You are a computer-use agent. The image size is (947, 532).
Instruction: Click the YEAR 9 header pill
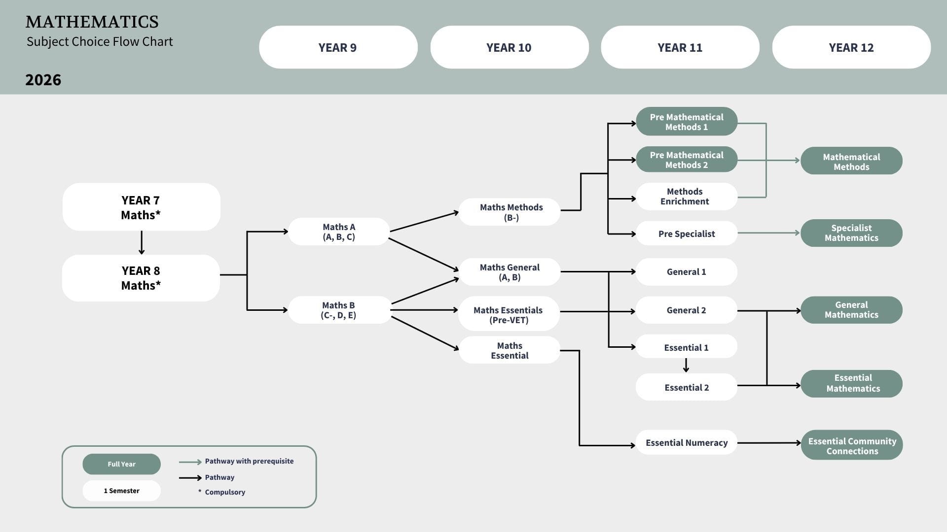click(338, 47)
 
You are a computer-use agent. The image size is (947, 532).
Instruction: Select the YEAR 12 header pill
click(851, 47)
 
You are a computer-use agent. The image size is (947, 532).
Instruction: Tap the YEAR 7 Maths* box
click(142, 207)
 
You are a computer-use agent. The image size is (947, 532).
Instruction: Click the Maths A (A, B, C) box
click(339, 232)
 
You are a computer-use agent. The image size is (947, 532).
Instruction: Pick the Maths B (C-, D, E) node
click(339, 310)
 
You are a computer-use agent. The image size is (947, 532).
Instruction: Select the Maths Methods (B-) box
click(510, 212)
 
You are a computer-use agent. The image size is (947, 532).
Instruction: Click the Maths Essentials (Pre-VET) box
click(509, 314)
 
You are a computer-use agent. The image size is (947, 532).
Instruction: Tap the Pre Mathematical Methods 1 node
click(687, 121)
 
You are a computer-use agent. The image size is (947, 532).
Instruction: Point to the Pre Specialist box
click(687, 233)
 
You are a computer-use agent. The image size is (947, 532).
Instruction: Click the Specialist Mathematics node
click(852, 233)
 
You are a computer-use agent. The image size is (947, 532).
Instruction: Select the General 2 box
click(687, 310)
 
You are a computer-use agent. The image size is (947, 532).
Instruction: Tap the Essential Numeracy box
click(687, 442)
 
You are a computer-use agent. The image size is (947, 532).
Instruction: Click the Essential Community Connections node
click(852, 445)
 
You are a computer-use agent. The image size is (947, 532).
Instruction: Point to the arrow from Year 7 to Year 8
click(142, 242)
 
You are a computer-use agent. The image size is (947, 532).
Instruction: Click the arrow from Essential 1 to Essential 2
click(686, 365)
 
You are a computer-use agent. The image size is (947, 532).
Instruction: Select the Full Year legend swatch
click(121, 464)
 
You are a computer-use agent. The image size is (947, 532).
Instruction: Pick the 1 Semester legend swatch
click(121, 491)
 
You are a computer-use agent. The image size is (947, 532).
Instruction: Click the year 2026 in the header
click(43, 80)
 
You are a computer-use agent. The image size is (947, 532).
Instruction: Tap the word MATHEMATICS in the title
click(92, 22)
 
